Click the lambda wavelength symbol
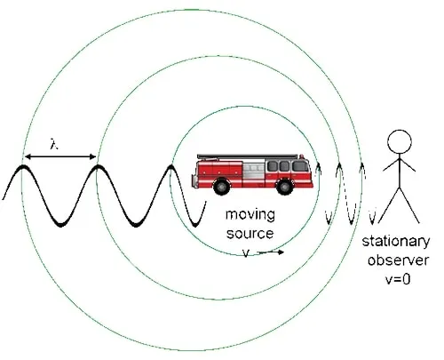[53, 144]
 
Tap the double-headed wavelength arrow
[60, 156]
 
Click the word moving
[250, 215]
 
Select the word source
[250, 233]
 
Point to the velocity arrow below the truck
[272, 252]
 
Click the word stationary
[396, 242]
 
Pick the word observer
[398, 260]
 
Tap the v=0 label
[398, 279]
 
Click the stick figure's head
[400, 141]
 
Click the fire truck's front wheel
[284, 187]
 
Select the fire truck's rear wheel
[221, 187]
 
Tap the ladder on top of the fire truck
[248, 156]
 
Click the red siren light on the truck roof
[301, 156]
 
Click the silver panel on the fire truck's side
[254, 172]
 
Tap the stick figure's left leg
[389, 205]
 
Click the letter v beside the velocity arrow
[246, 252]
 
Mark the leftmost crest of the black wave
[22, 166]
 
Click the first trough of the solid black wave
[60, 224]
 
